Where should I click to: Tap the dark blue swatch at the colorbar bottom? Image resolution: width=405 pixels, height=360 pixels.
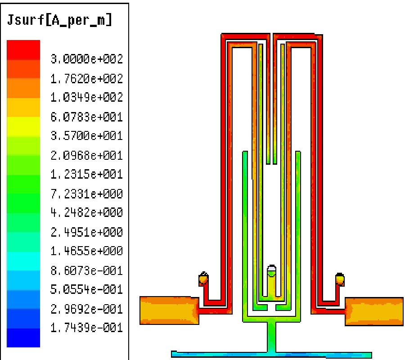23,337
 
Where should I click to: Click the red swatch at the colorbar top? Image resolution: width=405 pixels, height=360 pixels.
23,49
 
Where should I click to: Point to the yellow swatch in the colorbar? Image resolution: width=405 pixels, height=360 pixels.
23,126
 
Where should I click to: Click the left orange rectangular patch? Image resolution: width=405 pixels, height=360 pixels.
169,311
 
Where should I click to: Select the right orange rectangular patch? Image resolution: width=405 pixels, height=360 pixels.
373,311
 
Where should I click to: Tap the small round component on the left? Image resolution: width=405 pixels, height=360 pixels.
203,279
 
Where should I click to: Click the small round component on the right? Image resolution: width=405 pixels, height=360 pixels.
340,279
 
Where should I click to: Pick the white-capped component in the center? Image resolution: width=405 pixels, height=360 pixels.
271,271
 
